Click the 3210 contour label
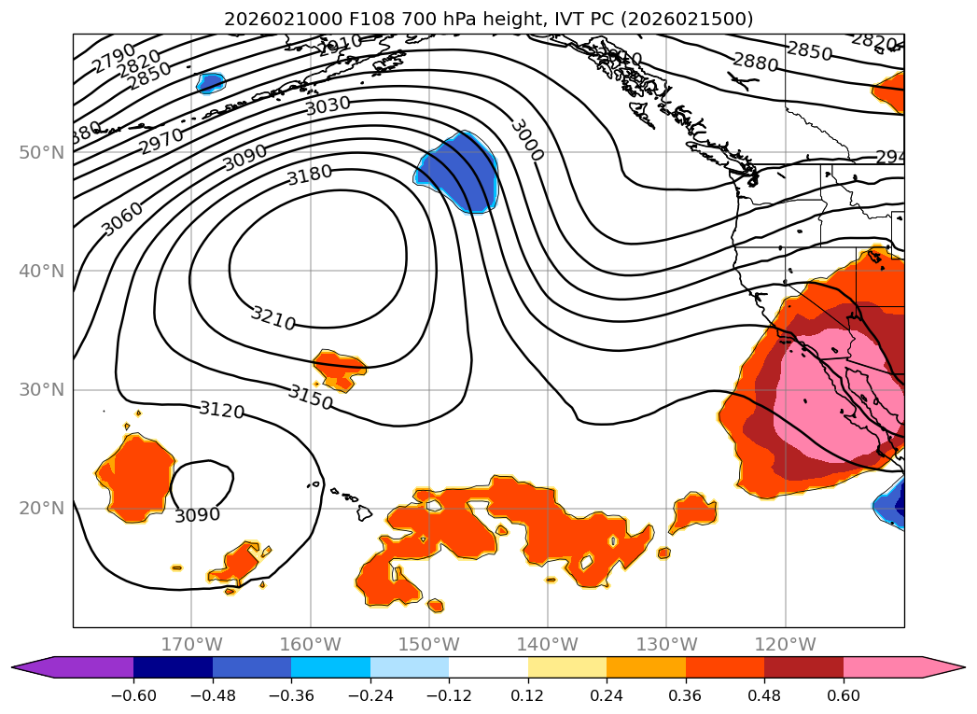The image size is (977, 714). (x=272, y=318)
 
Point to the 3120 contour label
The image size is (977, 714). (x=221, y=410)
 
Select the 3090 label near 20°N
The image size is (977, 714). (x=198, y=514)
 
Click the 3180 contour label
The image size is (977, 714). (x=310, y=175)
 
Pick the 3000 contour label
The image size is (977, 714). (x=526, y=140)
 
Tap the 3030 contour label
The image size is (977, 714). (x=328, y=105)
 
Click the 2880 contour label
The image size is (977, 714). (x=755, y=63)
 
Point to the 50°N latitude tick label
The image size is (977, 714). (x=42, y=152)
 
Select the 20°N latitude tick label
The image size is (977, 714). (x=42, y=509)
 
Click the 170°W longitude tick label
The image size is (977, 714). (x=191, y=644)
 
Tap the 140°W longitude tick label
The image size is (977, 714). (x=548, y=644)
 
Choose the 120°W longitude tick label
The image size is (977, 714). (x=785, y=644)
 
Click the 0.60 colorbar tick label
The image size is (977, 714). (x=843, y=697)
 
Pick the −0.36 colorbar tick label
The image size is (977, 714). (x=291, y=697)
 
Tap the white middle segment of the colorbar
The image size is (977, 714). (x=488, y=667)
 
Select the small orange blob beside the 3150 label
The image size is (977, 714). (x=340, y=369)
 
